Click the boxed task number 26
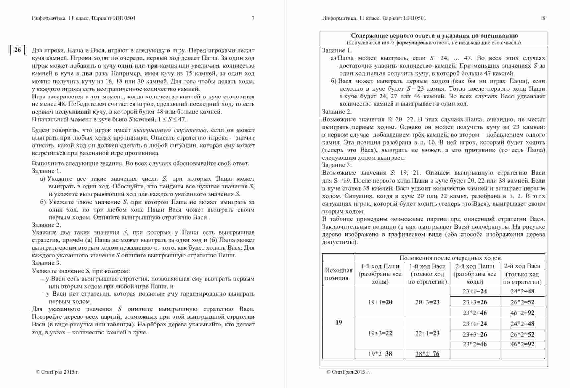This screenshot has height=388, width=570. point(17,50)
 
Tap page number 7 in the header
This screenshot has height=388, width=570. point(253,18)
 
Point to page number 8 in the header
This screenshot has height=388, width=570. point(544,18)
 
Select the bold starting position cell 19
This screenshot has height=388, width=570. point(339,322)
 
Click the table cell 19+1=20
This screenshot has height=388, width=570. point(380,302)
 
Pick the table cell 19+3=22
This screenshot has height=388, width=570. point(380,333)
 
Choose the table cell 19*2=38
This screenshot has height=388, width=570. point(380,354)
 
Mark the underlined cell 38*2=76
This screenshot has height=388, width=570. point(427,354)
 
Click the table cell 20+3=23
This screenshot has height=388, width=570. point(427,302)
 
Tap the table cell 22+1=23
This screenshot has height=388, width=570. point(427,333)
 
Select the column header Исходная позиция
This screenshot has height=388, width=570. point(339,274)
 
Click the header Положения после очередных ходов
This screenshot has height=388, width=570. point(450,258)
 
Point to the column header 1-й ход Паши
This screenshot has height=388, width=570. point(380,266)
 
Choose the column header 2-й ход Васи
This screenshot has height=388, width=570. point(522,266)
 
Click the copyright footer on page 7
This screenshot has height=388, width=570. point(58,372)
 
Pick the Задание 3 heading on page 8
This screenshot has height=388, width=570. point(337,165)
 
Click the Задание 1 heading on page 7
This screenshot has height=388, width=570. point(46,171)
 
